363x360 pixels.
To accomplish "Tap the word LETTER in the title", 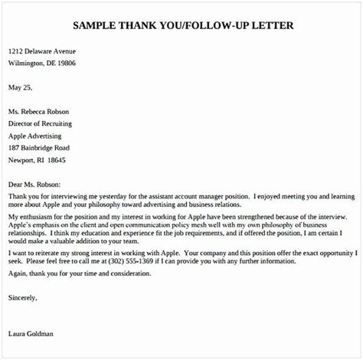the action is (x=268, y=25).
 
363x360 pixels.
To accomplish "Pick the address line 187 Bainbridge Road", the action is (x=39, y=147).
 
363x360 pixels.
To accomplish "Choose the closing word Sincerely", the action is (x=22, y=297).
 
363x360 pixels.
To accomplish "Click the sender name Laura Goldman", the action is (x=31, y=334).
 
